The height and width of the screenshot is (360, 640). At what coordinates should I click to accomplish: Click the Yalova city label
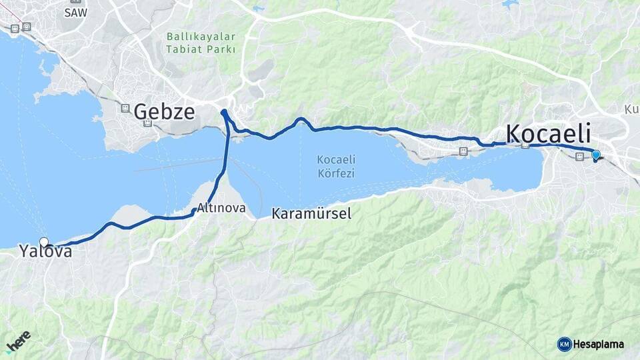tap(45, 252)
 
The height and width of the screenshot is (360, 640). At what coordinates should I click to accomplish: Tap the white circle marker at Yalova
tap(44, 241)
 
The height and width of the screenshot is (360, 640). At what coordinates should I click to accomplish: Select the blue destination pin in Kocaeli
tap(595, 155)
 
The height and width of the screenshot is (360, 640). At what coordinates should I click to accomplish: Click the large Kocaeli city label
tap(558, 133)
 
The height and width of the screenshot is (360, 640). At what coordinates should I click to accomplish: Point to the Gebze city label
tap(164, 111)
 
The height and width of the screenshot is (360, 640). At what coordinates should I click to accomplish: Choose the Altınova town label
tap(221, 208)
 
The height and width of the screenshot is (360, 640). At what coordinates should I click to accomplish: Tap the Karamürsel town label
tap(311, 214)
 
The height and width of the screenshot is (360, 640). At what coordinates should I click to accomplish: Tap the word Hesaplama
tap(599, 345)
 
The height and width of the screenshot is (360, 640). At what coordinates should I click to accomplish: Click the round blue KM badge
tap(564, 344)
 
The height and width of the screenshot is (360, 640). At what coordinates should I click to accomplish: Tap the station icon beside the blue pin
tap(579, 156)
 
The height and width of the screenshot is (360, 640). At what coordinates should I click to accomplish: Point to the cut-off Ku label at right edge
tap(631, 109)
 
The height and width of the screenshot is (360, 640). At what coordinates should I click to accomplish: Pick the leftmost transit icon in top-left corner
tap(14, 28)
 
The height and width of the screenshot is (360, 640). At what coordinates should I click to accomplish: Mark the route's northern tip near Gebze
tap(224, 111)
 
